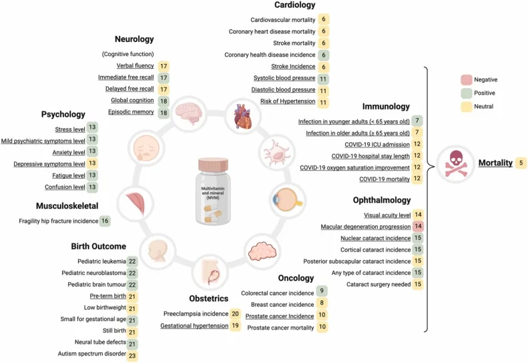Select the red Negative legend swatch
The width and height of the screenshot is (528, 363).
tap(466, 79)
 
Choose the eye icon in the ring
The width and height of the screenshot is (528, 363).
tap(288, 199)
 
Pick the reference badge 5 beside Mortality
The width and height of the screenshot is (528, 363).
tap(521, 163)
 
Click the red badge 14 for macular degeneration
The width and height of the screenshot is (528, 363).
tap(418, 226)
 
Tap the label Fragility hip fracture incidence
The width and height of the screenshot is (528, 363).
tap(58, 220)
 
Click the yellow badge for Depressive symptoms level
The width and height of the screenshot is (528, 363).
tap(92, 163)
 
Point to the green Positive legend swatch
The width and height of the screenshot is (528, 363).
tap(466, 92)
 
